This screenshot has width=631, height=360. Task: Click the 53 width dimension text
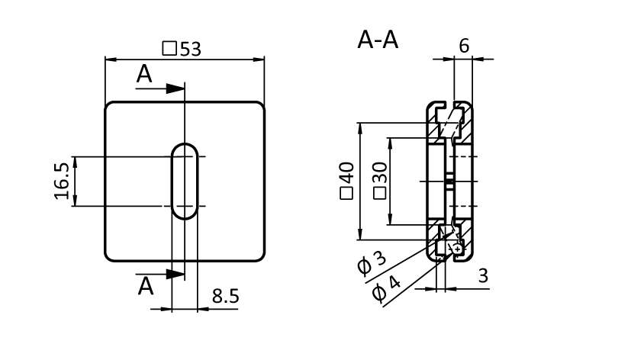point(191,49)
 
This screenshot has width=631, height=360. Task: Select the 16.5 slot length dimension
point(63,181)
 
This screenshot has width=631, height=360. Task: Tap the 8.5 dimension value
point(225,296)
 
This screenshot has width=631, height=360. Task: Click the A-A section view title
point(378,40)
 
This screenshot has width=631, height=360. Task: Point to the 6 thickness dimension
point(464,45)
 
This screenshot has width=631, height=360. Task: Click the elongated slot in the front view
point(184,181)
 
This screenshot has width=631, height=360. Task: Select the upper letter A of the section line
point(144,75)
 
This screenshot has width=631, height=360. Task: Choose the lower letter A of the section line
point(145,286)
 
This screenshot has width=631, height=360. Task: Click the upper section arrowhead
point(175,88)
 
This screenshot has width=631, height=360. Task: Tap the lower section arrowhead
point(175,273)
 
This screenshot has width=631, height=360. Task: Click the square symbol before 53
point(170,49)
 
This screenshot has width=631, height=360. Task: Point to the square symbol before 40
point(347,193)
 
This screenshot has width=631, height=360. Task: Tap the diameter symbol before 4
point(379,294)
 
